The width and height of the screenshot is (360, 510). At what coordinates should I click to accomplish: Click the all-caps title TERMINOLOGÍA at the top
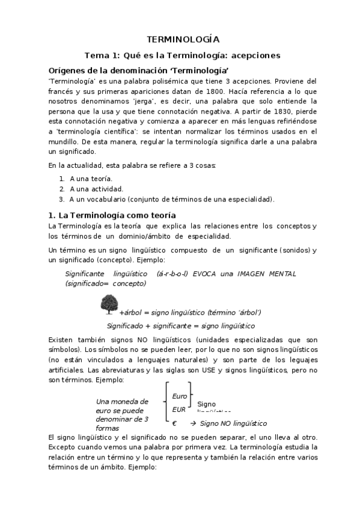coord(180,37)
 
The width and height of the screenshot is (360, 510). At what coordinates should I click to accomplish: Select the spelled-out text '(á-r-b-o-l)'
coord(171,273)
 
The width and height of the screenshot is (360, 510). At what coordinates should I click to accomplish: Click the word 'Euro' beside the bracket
coord(179,396)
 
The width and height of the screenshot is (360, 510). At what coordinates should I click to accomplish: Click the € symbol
coord(174,423)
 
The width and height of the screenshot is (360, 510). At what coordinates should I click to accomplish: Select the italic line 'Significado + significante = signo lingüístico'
coord(180,325)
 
